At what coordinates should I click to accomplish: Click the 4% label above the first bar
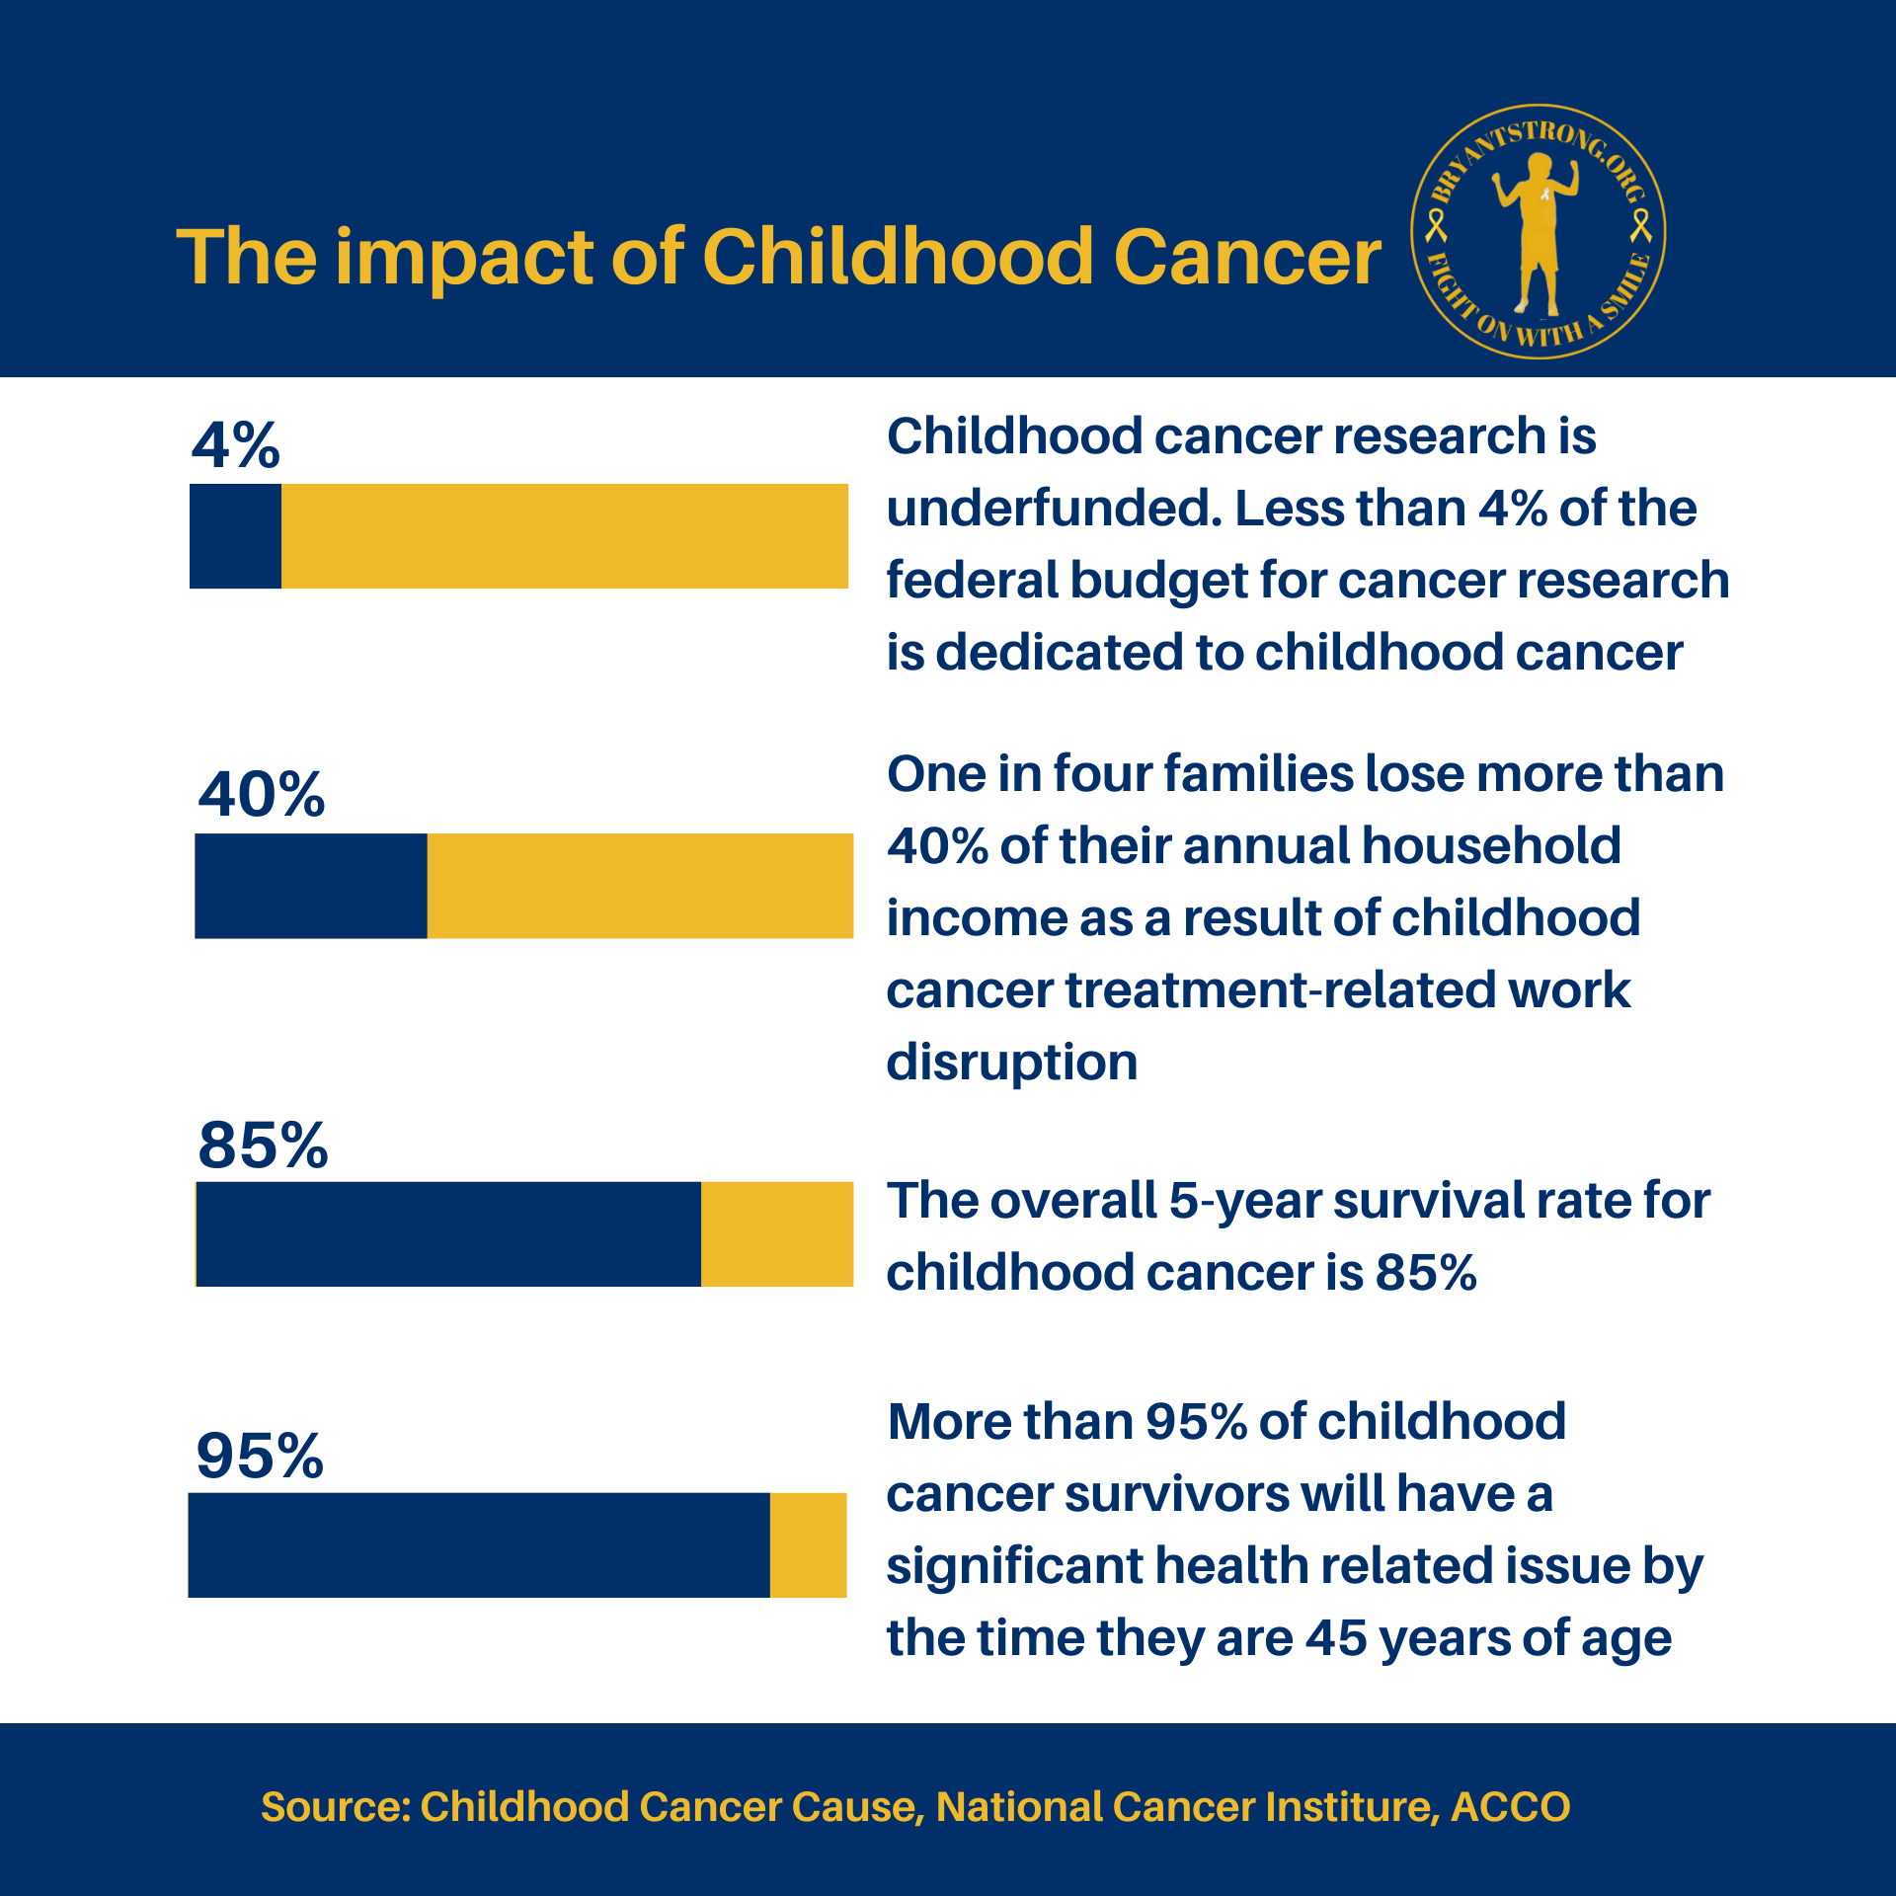[235, 445]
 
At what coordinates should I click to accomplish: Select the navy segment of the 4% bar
[235, 536]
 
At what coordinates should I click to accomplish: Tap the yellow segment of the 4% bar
[564, 536]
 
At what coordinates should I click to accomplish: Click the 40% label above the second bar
[261, 795]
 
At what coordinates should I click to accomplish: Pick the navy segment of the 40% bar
[310, 886]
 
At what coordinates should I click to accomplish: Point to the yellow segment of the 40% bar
[640, 886]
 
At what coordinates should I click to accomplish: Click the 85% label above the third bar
[263, 1145]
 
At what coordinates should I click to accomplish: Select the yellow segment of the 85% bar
[776, 1234]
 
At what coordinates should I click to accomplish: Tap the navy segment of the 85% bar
[448, 1234]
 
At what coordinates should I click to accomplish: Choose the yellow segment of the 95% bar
[808, 1544]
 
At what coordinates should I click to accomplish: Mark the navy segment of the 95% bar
[479, 1544]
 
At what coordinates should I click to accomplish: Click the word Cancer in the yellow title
[1247, 258]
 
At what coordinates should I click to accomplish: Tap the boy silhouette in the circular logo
[1537, 237]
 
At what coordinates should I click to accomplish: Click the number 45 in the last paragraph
[1336, 1638]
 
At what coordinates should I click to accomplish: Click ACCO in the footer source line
[1510, 1807]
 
